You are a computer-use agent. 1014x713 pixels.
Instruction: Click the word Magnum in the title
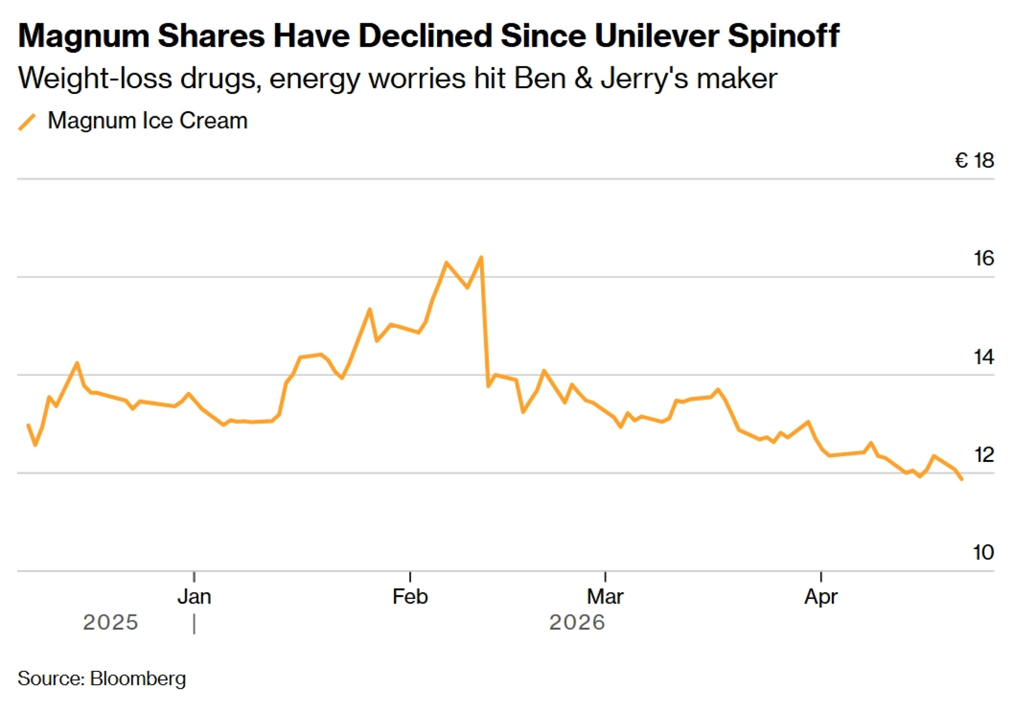coord(84,37)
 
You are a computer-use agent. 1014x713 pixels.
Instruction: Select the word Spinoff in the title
coord(783,37)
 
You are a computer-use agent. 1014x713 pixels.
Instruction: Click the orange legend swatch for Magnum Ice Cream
coord(27,122)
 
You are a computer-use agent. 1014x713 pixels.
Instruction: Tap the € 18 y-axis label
coord(974,161)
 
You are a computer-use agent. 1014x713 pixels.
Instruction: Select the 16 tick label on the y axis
coord(984,259)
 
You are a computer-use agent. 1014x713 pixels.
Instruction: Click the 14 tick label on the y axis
coord(984,357)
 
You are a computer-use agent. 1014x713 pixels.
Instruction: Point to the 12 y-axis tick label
coord(984,455)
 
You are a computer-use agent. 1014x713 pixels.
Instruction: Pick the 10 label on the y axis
coord(984,553)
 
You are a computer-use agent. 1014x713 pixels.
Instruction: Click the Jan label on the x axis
coord(194,597)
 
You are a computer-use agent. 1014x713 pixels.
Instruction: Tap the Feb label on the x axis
coord(410,597)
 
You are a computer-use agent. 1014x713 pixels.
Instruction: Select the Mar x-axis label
coord(605,597)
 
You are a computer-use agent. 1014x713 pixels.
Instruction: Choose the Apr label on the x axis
coord(821,597)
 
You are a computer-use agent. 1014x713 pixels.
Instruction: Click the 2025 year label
coord(111,623)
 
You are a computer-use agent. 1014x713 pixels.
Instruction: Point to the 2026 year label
coord(577,623)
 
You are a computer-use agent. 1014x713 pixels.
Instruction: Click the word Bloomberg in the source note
coord(138,679)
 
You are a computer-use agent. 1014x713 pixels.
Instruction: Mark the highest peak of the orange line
coord(481,257)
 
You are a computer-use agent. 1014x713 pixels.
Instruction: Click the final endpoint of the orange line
coord(962,479)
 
